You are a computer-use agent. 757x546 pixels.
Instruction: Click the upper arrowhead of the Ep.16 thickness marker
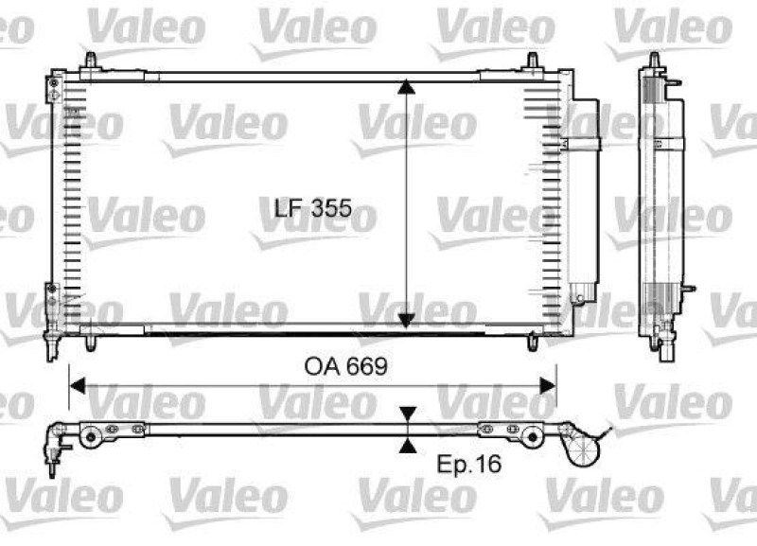click(x=407, y=415)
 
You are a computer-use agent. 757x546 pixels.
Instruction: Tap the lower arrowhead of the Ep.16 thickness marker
click(x=407, y=446)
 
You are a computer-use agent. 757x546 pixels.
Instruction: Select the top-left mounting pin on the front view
click(x=90, y=62)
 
